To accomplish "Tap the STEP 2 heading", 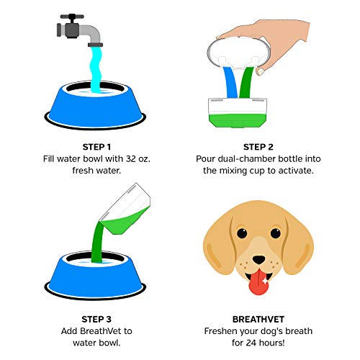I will (265, 143).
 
